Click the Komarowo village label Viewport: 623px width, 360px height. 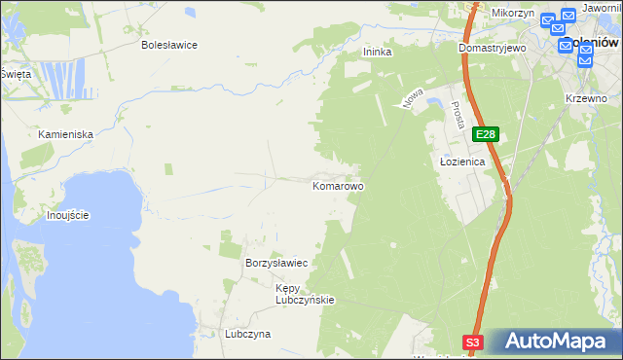338,185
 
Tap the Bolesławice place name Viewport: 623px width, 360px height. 169,45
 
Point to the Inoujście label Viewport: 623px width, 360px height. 68,215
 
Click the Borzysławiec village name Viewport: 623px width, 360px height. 276,264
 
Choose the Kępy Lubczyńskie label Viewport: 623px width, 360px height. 305,294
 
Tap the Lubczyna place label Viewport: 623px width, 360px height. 247,334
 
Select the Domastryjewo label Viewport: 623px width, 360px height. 493,47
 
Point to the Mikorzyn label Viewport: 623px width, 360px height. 512,13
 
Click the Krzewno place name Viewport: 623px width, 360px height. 585,99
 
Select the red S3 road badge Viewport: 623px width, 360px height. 472,342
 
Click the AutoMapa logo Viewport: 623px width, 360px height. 554,342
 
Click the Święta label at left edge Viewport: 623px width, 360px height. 16,74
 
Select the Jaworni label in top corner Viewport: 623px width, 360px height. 602,8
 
